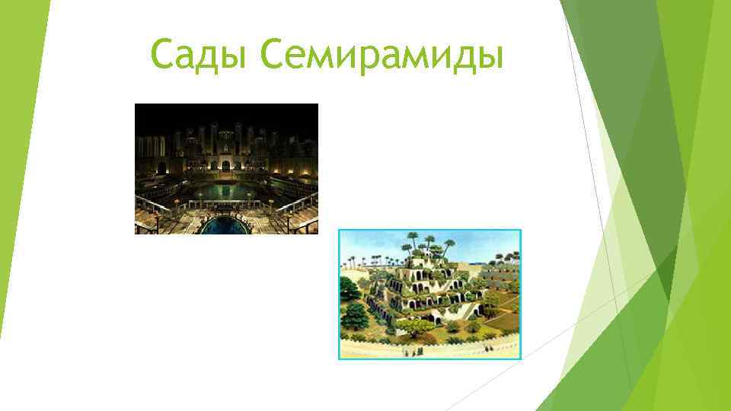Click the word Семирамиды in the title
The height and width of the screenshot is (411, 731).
(381, 56)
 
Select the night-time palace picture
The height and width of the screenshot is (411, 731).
(226, 168)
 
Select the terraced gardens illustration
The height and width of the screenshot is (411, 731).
(429, 294)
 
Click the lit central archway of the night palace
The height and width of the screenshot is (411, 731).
(226, 161)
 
